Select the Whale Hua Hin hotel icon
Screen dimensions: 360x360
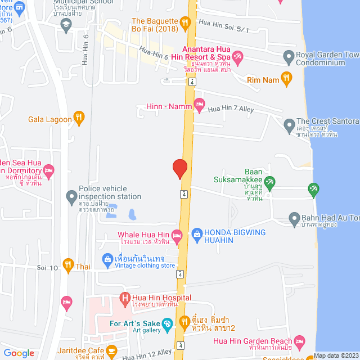coord(177,235)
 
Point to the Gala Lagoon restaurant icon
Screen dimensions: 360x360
coord(79,119)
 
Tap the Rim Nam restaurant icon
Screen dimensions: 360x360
coord(286,79)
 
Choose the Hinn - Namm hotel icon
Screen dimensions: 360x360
coord(199,104)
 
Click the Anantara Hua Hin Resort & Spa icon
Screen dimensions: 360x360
coord(237,56)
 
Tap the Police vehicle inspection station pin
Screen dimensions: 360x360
coord(71,197)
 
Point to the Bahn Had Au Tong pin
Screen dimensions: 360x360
coord(294,218)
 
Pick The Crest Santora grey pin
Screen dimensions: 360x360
coord(289,123)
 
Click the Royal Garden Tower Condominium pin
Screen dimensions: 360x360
coord(289,56)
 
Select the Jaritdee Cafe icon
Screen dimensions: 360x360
coord(111,352)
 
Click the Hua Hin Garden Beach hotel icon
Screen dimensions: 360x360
coord(300,341)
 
